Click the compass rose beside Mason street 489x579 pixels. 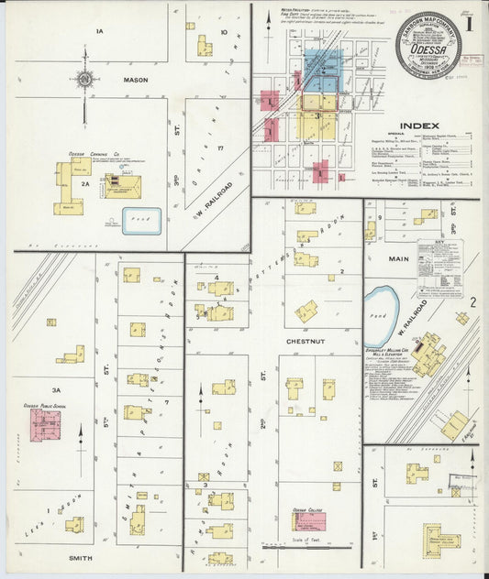point(84,80)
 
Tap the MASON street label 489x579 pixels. point(136,80)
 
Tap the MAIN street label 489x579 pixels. point(398,259)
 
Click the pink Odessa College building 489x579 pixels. point(309,521)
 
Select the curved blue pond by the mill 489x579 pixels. point(380,304)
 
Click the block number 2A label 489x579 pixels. point(83,184)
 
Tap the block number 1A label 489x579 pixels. point(101,31)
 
